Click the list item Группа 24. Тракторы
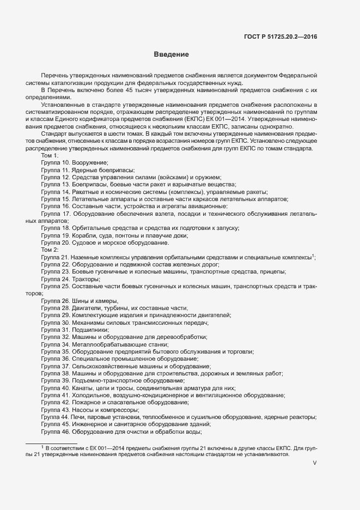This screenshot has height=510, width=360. tap(70, 279)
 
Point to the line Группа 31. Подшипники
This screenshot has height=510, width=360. tap(75, 330)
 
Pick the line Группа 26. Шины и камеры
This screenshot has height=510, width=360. tap(80, 301)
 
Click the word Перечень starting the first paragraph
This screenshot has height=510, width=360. tap(54, 75)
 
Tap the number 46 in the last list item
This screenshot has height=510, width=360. tap(65, 432)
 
